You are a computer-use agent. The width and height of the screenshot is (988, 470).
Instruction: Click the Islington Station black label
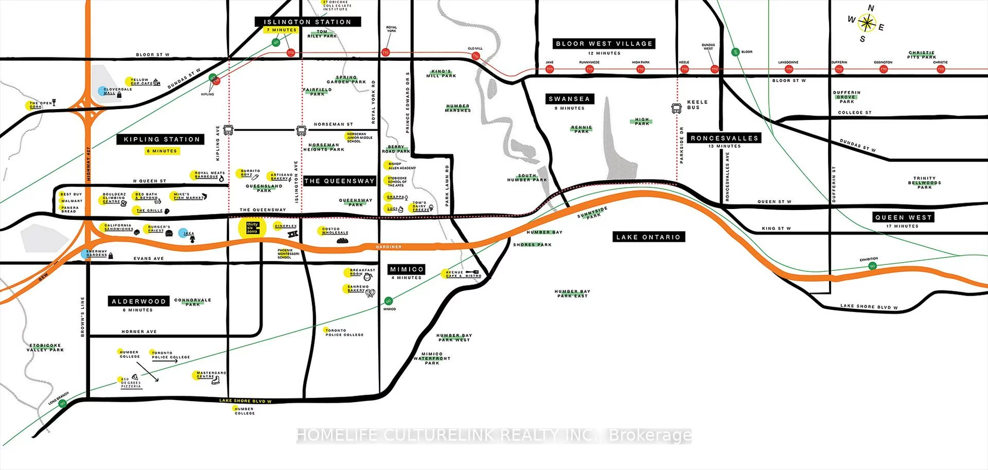point(308,22)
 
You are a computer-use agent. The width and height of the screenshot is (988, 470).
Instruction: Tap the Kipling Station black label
point(161,139)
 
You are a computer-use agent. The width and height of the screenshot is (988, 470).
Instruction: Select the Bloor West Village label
point(604,43)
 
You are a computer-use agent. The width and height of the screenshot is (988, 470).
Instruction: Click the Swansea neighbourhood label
point(569,99)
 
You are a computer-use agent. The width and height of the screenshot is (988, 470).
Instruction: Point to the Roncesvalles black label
point(724,138)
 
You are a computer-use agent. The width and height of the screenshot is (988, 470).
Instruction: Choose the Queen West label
point(903,217)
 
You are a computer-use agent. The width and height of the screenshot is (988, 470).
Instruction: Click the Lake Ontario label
point(648,237)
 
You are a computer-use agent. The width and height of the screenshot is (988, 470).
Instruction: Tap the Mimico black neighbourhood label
point(406,269)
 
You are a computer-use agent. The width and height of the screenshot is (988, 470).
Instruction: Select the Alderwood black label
point(138,301)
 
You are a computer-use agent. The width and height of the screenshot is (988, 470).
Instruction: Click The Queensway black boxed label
point(340,181)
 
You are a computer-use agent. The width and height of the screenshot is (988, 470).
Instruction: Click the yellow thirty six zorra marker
point(252,228)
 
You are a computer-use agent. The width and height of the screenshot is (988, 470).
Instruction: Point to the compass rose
point(867,23)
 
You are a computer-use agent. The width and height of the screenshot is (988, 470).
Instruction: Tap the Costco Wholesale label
point(335,231)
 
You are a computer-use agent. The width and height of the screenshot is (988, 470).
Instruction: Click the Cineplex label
point(286,226)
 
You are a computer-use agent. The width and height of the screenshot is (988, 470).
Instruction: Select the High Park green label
point(642,122)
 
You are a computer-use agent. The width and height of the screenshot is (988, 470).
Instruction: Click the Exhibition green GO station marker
point(872,266)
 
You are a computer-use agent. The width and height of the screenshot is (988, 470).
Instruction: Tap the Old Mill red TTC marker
point(476,56)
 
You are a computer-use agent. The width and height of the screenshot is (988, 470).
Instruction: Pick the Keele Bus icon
point(677,109)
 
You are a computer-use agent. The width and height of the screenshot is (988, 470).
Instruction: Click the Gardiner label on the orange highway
point(388,247)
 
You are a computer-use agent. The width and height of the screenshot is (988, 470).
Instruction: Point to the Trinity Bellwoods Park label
point(924,182)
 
